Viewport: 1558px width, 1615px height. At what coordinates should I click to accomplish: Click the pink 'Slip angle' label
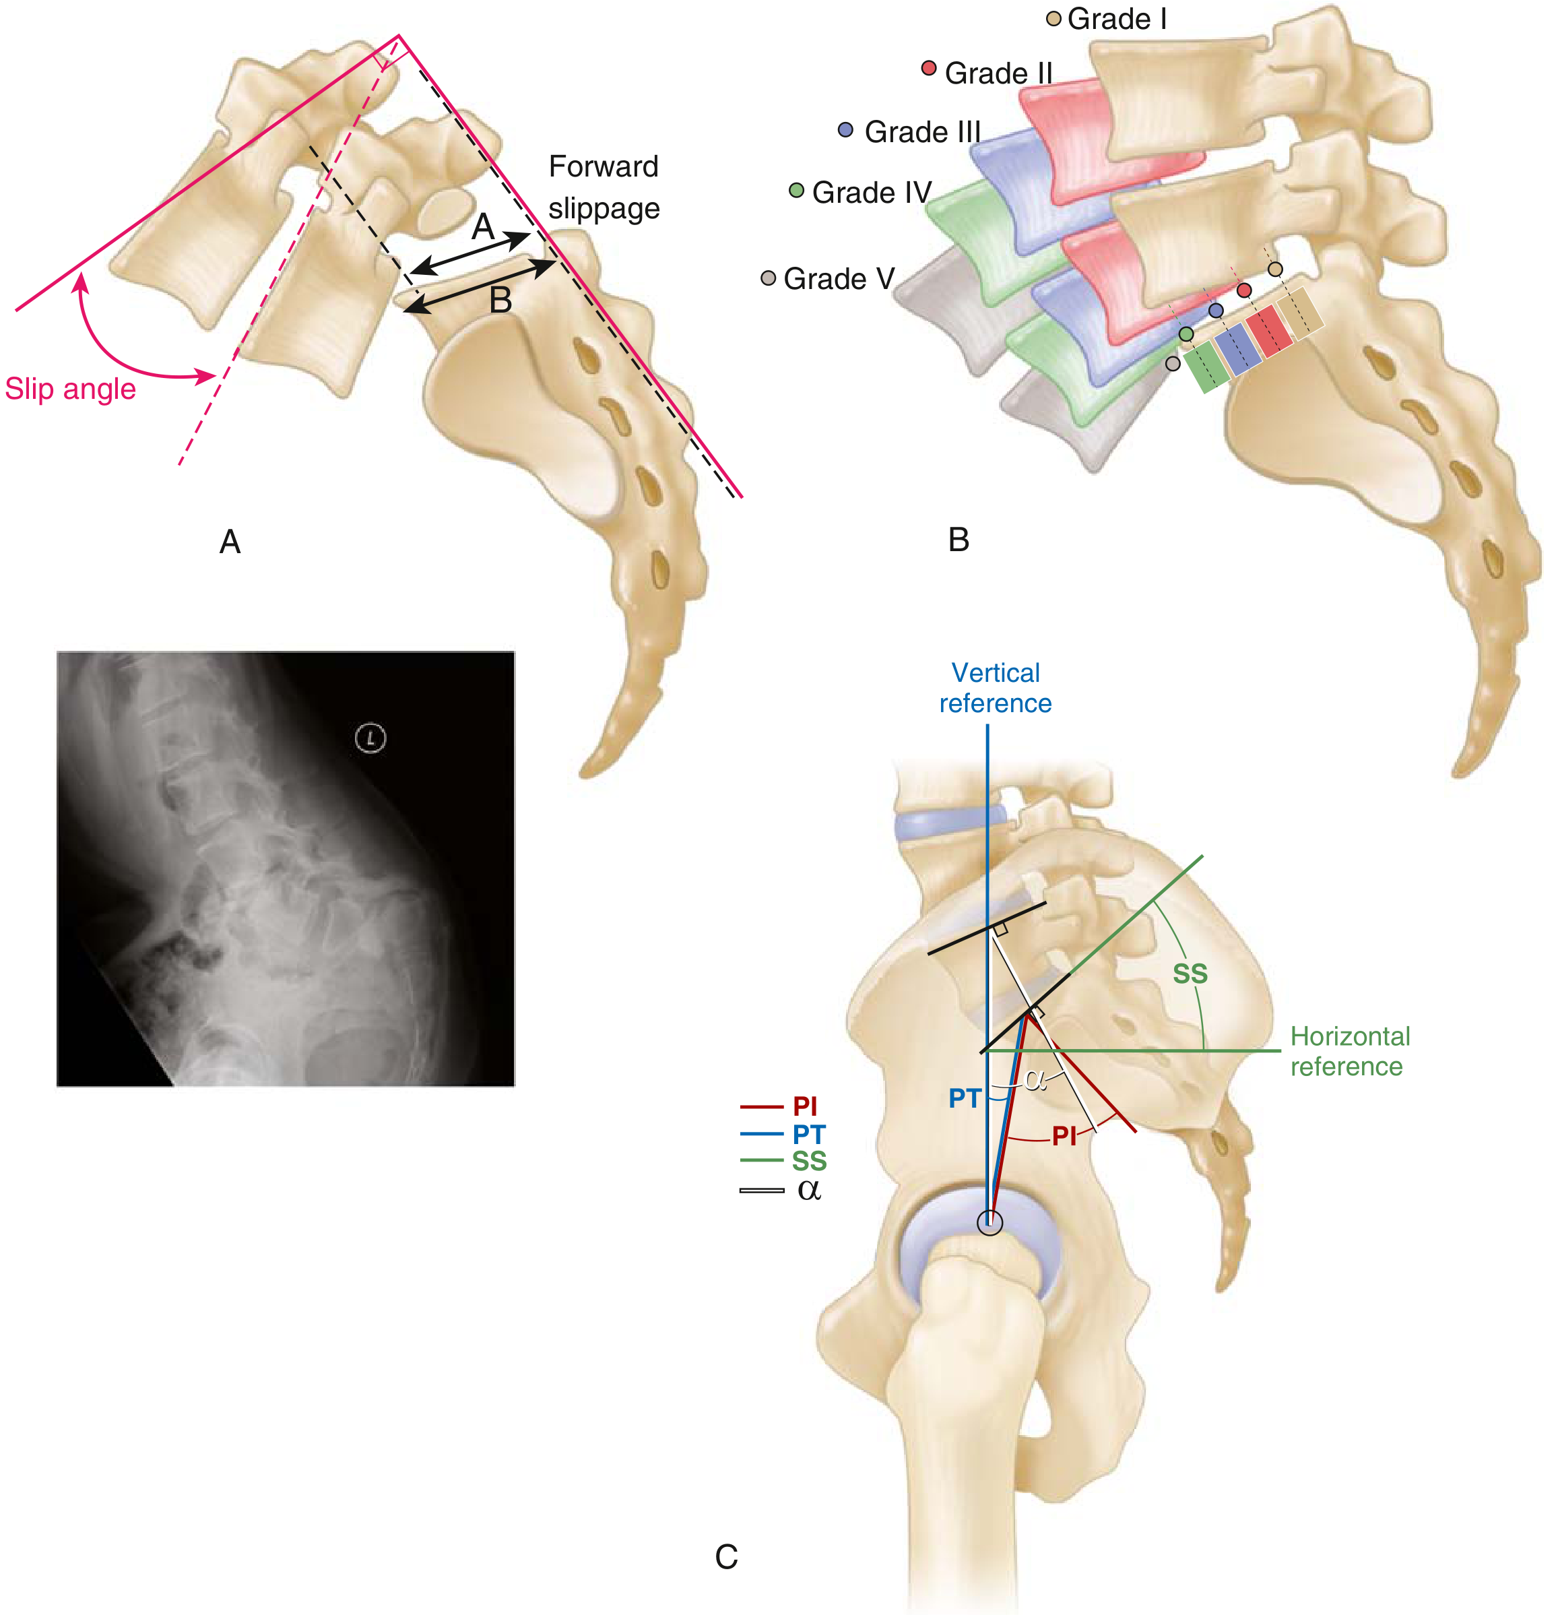coord(70,389)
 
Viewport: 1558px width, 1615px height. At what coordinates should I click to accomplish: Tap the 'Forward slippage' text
coord(604,187)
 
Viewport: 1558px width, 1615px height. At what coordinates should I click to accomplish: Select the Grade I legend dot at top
coord(1053,18)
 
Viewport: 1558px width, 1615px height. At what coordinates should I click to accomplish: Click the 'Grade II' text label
coord(998,73)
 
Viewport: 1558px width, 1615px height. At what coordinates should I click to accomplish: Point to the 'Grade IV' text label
coord(872,193)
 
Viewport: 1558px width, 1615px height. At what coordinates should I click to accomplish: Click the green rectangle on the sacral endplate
coord(1205,366)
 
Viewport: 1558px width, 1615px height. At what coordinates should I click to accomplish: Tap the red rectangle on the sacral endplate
coord(1270,329)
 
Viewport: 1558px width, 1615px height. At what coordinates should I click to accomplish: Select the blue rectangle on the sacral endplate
coord(1237,346)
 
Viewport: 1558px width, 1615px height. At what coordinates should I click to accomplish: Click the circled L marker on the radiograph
coord(370,738)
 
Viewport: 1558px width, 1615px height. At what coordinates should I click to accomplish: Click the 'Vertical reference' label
coord(996,688)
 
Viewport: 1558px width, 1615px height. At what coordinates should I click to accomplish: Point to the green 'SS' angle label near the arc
coord(1190,974)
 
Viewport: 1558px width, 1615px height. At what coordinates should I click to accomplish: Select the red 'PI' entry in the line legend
coord(804,1106)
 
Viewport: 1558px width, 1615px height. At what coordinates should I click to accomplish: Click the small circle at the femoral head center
coord(989,1223)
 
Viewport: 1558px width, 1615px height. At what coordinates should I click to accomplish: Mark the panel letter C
coord(726,1556)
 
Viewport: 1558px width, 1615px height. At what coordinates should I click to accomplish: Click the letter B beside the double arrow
coord(500,300)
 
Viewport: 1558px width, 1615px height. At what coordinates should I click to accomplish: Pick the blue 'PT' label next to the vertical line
coord(964,1098)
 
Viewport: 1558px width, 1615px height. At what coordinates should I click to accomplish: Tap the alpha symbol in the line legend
coord(809,1189)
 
